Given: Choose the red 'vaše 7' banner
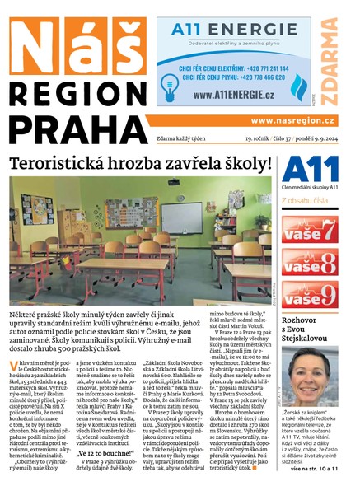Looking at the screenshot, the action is tap(310, 228).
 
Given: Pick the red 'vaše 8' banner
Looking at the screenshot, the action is tap(310, 263).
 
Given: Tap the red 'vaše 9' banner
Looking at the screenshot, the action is tap(310, 295).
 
